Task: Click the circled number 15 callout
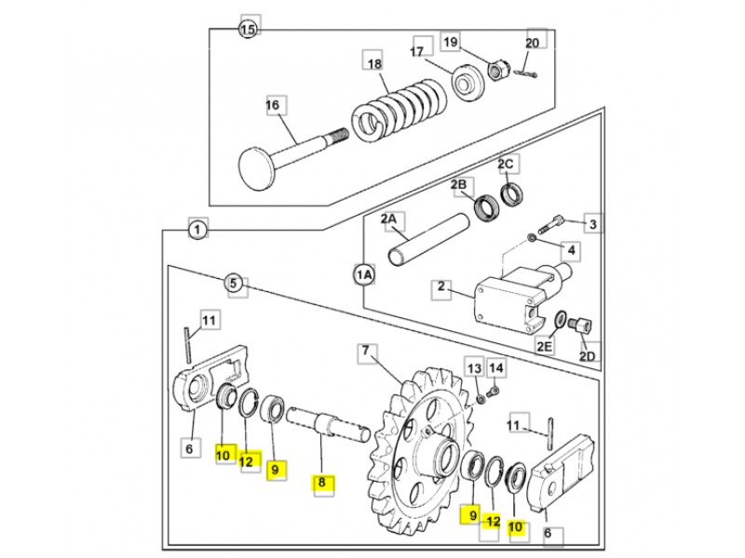point(248,30)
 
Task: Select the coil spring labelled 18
point(400,110)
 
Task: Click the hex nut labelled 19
point(499,71)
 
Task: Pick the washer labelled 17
point(467,82)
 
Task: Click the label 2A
point(388,219)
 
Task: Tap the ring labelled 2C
point(512,194)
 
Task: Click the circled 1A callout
point(364,274)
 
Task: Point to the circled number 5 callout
point(234,284)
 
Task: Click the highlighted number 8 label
point(321,483)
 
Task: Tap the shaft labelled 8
point(329,422)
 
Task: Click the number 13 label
point(474,368)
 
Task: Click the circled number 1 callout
point(197,231)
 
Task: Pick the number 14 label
point(495,367)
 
